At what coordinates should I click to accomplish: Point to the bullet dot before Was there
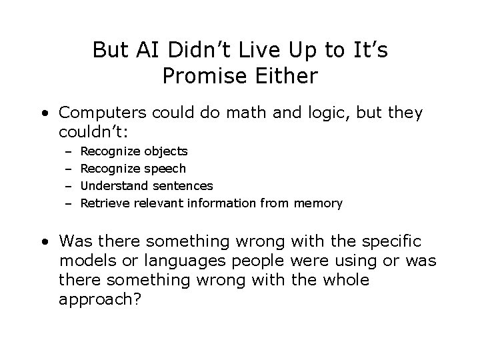pyautogui.click(x=43, y=240)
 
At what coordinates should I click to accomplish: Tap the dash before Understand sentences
pyautogui.click(x=68, y=186)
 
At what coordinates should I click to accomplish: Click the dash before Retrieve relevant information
pyautogui.click(x=68, y=203)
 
